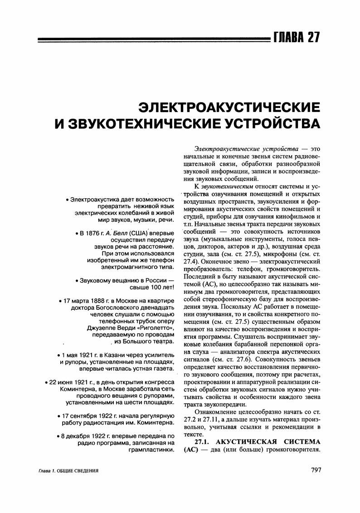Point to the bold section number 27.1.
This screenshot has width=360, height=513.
(x=203, y=442)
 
